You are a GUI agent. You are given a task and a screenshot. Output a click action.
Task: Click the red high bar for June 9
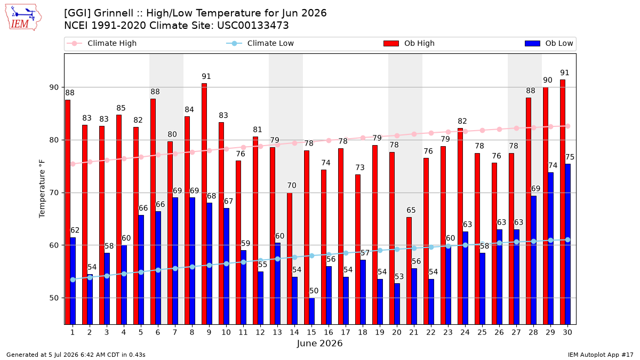click(x=204, y=204)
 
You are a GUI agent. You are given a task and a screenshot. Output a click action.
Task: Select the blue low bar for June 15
click(x=311, y=311)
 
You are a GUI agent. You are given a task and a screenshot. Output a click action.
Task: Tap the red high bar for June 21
click(x=409, y=271)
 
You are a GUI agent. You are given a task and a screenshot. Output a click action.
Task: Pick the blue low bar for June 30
click(x=567, y=244)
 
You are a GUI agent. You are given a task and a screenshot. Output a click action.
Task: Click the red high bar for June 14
click(x=290, y=259)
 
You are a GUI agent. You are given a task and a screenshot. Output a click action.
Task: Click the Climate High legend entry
click(x=101, y=43)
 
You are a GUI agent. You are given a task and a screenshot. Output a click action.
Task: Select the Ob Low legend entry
click(x=549, y=43)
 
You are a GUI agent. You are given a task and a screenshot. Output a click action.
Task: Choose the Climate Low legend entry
click(x=260, y=43)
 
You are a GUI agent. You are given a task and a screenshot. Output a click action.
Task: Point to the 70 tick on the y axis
click(x=54, y=193)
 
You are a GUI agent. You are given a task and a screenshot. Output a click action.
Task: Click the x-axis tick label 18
click(x=363, y=333)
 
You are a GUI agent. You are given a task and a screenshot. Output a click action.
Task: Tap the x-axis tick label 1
click(x=73, y=333)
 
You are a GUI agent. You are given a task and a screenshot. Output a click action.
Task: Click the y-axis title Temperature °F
click(x=42, y=189)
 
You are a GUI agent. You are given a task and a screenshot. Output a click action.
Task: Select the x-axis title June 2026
click(x=319, y=343)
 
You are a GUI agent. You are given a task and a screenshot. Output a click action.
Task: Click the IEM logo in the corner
click(x=23, y=18)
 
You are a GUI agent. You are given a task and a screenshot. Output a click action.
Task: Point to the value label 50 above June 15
click(x=314, y=291)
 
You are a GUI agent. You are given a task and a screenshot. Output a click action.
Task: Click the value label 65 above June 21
click(x=411, y=210)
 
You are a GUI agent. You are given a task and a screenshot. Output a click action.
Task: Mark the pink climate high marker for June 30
click(x=567, y=126)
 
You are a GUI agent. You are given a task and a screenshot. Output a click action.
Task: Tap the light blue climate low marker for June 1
click(x=73, y=279)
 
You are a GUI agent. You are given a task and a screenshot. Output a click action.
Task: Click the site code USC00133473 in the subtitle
click(x=253, y=26)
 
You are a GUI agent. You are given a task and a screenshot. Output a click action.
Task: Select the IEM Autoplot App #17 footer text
click(x=601, y=355)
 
